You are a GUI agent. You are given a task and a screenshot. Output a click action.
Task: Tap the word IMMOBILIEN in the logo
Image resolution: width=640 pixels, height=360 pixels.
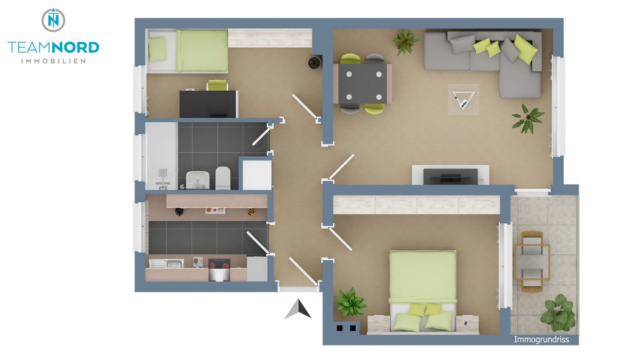[x=53, y=61]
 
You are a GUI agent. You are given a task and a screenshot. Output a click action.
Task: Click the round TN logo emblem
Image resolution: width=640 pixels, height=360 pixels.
[x=53, y=20]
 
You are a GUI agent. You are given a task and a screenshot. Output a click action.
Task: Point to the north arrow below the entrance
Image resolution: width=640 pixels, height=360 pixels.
[x=298, y=309]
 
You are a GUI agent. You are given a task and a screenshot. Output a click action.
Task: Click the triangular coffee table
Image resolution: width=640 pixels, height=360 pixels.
[x=463, y=99]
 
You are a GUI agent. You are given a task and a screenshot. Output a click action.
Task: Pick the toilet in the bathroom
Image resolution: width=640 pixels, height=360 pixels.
[x=222, y=178]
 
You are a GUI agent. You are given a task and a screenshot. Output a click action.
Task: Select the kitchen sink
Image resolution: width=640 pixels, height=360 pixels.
[x=166, y=263]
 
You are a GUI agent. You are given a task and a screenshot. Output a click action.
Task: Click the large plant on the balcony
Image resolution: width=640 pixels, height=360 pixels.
[x=557, y=313]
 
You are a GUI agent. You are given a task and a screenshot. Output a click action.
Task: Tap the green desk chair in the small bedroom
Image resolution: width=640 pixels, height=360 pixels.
[x=217, y=85]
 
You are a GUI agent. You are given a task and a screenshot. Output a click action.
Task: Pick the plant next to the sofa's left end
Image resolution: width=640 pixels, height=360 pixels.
[x=406, y=41]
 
